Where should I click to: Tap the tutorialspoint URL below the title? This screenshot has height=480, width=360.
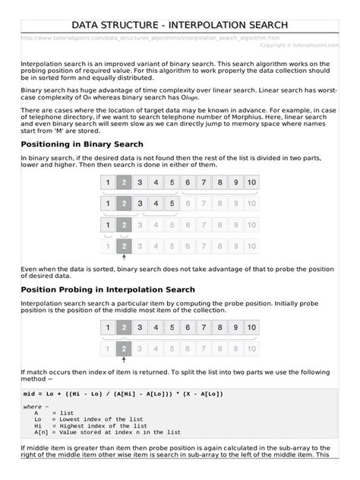pyautogui.click(x=150, y=37)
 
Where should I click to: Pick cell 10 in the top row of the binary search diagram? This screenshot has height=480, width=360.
pyautogui.click(x=251, y=182)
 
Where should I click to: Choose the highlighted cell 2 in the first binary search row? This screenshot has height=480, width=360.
pyautogui.click(x=124, y=182)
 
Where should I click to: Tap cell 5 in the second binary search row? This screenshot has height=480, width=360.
pyautogui.click(x=172, y=204)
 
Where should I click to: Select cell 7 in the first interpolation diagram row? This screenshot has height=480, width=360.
pyautogui.click(x=204, y=327)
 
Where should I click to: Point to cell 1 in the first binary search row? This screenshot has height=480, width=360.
pyautogui.click(x=108, y=182)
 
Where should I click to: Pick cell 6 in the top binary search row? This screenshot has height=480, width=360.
pyautogui.click(x=188, y=182)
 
